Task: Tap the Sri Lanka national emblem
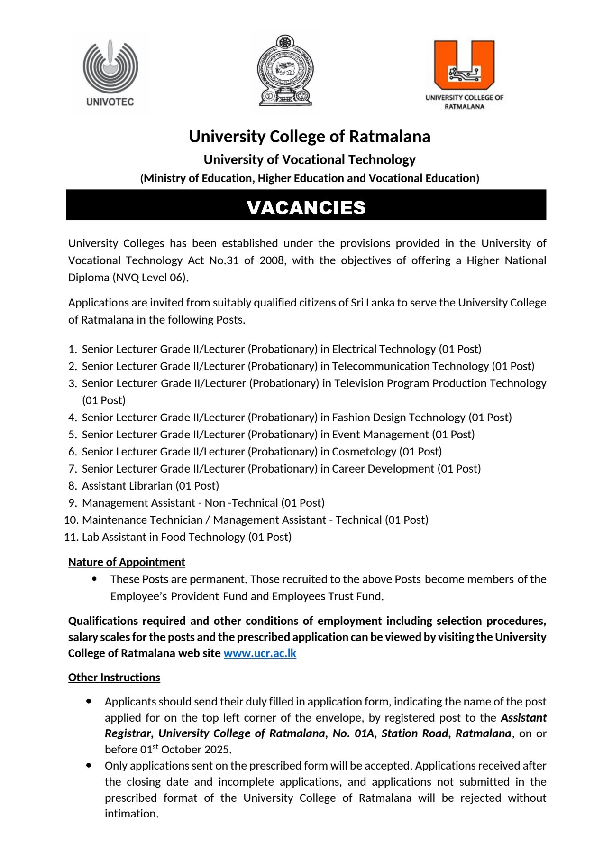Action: click(285, 71)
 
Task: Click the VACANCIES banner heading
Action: click(306, 207)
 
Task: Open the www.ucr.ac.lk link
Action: click(260, 653)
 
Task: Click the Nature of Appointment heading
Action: click(127, 562)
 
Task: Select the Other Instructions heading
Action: click(114, 678)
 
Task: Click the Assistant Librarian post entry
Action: click(150, 486)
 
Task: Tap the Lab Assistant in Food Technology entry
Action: click(186, 537)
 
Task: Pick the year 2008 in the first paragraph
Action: click(272, 260)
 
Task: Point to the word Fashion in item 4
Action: click(350, 418)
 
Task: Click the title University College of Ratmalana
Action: click(310, 137)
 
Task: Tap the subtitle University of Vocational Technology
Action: click(310, 159)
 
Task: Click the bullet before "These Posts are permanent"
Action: click(95, 579)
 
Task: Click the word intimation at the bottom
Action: click(131, 814)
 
